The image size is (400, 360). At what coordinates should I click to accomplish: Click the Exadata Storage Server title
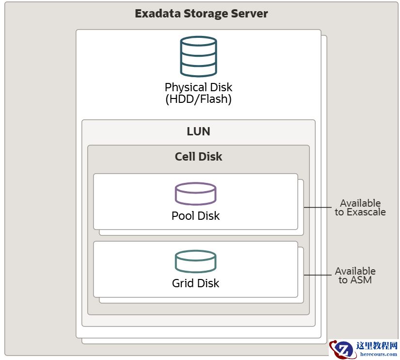[201, 14]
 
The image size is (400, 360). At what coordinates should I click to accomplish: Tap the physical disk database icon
[198, 56]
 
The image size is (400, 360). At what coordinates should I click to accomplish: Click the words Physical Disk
[198, 88]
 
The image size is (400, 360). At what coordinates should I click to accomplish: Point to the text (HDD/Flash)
[198, 100]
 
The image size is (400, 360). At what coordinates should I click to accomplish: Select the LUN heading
[198, 131]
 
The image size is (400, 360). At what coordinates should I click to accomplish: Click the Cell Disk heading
[198, 157]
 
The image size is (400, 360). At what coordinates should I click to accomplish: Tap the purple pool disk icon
[195, 194]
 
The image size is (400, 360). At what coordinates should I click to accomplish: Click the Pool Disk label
[195, 216]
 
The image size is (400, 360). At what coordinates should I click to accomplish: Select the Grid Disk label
[195, 283]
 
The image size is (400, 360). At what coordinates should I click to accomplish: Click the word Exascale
[366, 212]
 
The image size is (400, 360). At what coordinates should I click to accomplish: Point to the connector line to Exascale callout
[317, 208]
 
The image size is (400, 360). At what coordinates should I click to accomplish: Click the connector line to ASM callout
[317, 276]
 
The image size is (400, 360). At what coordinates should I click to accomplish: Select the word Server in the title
[250, 14]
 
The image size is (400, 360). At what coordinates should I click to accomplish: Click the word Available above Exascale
[360, 203]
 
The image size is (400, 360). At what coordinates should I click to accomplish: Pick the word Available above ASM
[355, 271]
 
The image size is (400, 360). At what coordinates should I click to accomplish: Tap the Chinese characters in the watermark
[377, 346]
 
